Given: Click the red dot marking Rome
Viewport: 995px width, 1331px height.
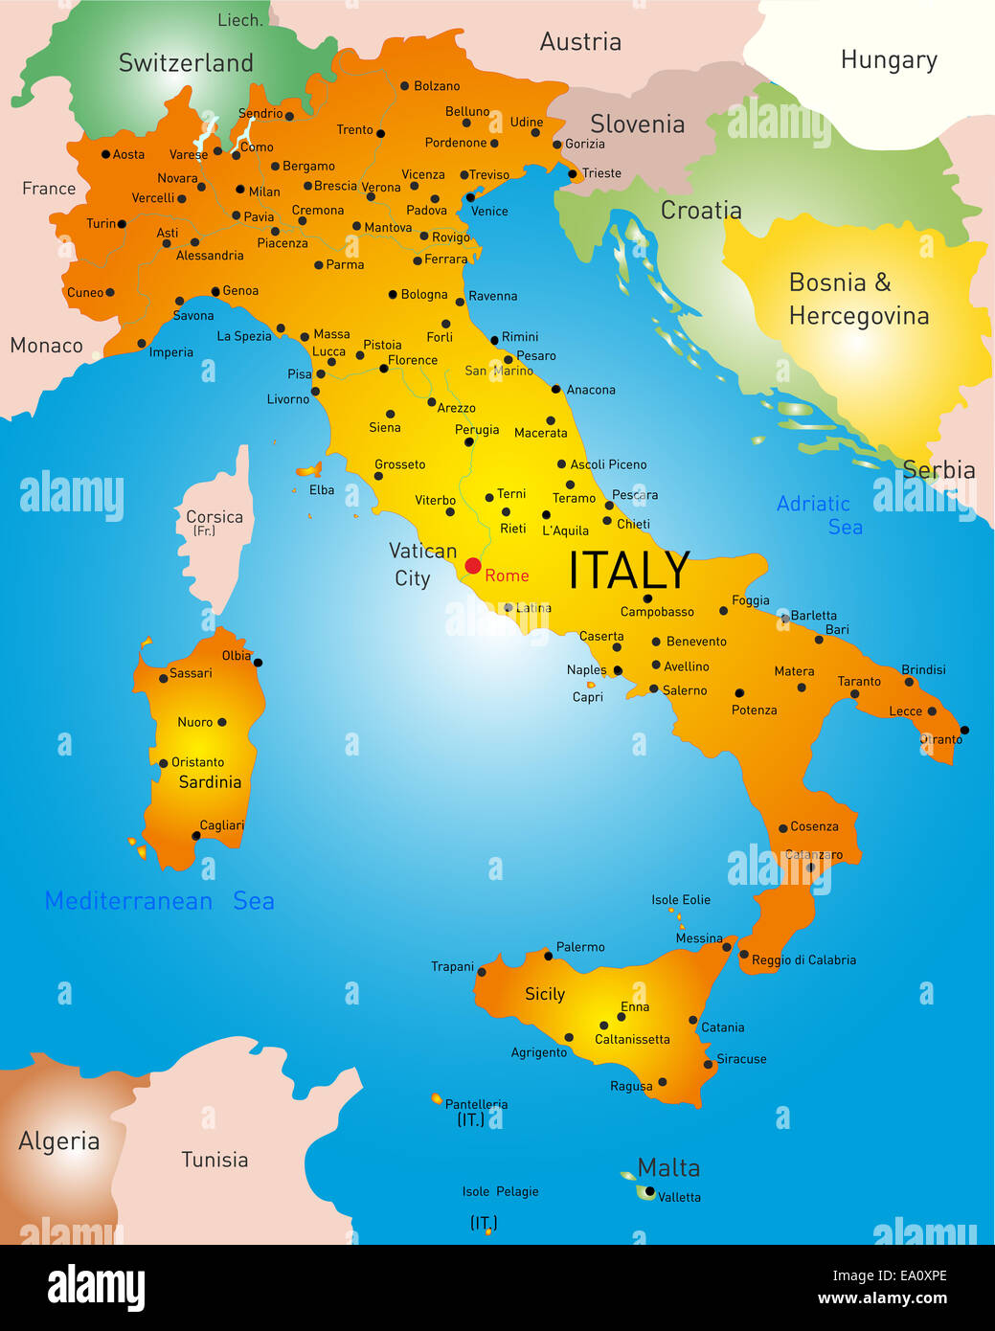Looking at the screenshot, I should [472, 566].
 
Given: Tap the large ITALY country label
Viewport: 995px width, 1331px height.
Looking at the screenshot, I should [628, 571].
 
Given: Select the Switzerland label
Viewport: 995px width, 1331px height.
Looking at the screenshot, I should [186, 63].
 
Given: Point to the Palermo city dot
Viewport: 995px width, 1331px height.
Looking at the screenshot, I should [549, 956].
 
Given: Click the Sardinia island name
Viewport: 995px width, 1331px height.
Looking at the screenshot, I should [210, 782].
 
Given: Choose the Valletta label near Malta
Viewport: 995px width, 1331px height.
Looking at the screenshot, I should [679, 1197].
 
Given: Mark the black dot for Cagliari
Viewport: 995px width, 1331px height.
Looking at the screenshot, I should [196, 836].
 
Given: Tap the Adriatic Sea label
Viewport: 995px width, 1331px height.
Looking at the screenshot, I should [819, 515].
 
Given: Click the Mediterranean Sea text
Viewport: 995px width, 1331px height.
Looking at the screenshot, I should [160, 901].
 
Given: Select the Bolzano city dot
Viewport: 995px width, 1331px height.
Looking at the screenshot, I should [404, 86].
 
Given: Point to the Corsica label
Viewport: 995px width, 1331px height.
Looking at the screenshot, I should [215, 517].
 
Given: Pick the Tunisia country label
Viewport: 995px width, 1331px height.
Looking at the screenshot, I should [215, 1160].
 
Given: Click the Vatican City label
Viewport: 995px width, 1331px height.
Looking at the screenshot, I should [421, 564].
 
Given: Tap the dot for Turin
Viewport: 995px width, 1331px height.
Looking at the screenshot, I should [122, 224].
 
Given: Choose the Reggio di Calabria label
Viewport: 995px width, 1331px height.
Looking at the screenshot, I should [803, 959].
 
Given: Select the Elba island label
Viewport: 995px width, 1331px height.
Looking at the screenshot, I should [322, 490].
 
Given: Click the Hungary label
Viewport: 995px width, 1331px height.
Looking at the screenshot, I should [889, 60].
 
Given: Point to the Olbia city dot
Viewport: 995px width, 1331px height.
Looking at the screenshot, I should [258, 663].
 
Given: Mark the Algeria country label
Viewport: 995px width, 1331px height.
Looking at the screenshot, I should [59, 1141].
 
